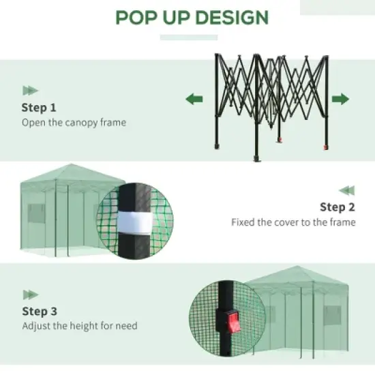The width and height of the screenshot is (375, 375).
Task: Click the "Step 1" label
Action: (39, 108)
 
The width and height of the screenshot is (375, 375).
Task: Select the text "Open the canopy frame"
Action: (74, 123)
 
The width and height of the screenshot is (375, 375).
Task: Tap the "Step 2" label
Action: (337, 207)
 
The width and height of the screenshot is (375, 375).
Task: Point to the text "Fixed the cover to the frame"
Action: (293, 222)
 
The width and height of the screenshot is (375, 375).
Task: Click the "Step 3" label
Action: (39, 311)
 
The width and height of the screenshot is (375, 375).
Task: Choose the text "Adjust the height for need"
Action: (79, 326)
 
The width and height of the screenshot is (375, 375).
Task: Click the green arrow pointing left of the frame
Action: (194, 100)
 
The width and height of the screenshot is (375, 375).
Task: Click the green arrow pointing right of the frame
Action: (340, 100)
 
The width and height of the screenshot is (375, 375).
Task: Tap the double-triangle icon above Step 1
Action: (30, 90)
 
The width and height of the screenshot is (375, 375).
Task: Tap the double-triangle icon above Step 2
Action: (347, 190)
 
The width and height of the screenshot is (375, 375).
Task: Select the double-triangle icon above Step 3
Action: (30, 294)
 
